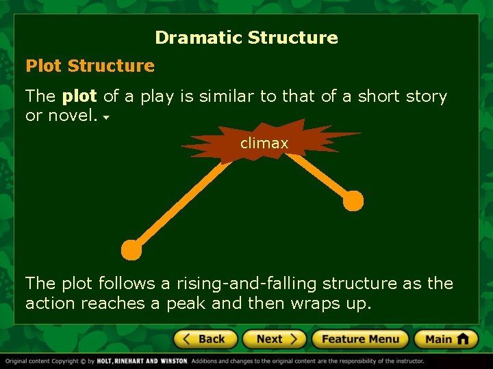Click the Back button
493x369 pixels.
pos(205,339)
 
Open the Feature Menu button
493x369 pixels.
pos(360,339)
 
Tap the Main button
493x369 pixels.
pos(445,339)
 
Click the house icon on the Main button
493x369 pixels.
pos(463,338)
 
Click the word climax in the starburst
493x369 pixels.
pos(264,143)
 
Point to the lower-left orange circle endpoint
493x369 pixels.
pos(131,250)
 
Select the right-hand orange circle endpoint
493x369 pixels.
pos(353,200)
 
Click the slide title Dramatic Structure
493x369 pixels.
pos(246,38)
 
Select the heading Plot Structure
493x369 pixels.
pos(90,66)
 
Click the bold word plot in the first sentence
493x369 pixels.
pos(79,96)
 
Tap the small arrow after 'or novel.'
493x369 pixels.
pos(107,118)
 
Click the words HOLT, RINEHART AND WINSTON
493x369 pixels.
pos(142,361)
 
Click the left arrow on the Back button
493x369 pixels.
pos(186,339)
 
